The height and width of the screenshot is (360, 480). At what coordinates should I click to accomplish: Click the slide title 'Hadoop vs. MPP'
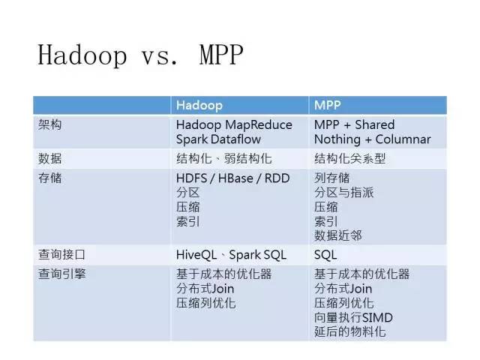pyautogui.click(x=140, y=55)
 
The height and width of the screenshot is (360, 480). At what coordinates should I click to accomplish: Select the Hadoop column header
pyautogui.click(x=199, y=105)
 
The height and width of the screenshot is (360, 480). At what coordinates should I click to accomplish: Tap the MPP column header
pyautogui.click(x=327, y=105)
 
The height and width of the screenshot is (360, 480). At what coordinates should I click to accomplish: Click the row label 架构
pyautogui.click(x=50, y=124)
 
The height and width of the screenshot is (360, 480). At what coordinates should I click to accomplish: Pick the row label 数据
pyautogui.click(x=50, y=158)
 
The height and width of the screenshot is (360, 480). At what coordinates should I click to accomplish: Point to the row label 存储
pyautogui.click(x=50, y=178)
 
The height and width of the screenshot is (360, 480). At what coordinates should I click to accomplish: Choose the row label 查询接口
pyautogui.click(x=61, y=254)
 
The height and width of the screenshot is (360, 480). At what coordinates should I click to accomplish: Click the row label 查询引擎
pyautogui.click(x=61, y=274)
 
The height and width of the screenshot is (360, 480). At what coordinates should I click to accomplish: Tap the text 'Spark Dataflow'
pyautogui.click(x=218, y=139)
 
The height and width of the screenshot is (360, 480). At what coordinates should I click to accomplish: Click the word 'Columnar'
pyautogui.click(x=403, y=139)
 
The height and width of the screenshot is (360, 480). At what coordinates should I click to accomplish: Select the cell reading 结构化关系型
pyautogui.click(x=349, y=158)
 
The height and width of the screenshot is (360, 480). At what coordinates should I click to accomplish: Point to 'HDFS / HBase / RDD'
pyautogui.click(x=233, y=178)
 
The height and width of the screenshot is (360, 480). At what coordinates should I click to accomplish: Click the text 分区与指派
pyautogui.click(x=343, y=193)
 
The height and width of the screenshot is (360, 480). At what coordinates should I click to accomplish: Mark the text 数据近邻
pyautogui.click(x=338, y=235)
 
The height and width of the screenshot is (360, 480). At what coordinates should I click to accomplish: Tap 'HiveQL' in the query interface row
pyautogui.click(x=196, y=255)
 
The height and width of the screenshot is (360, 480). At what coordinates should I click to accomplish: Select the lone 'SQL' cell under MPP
pyautogui.click(x=325, y=255)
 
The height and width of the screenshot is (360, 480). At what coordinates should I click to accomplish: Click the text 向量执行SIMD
pyautogui.click(x=353, y=317)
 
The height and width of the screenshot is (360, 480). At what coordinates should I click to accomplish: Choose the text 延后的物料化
pyautogui.click(x=349, y=331)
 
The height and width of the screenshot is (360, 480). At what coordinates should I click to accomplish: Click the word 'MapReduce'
pyautogui.click(x=258, y=125)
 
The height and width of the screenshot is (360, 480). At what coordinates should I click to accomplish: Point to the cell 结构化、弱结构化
pyautogui.click(x=223, y=158)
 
